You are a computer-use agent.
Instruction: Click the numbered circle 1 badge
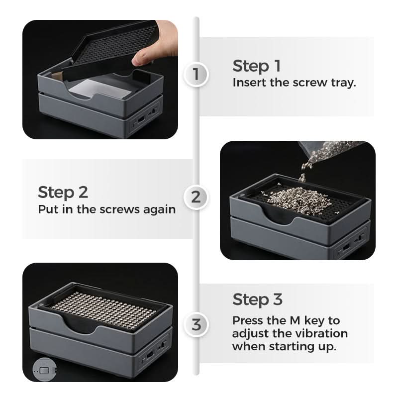tap(196, 74)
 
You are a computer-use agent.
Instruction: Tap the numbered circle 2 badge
tap(196, 197)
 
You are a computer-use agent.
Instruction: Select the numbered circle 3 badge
tap(196, 325)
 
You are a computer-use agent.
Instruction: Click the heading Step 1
tap(257, 66)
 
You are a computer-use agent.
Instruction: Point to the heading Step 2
tap(63, 192)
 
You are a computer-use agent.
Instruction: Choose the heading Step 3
tap(257, 299)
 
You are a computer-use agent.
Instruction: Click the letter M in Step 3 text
tap(295, 320)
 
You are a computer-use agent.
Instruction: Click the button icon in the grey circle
tap(45, 371)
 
